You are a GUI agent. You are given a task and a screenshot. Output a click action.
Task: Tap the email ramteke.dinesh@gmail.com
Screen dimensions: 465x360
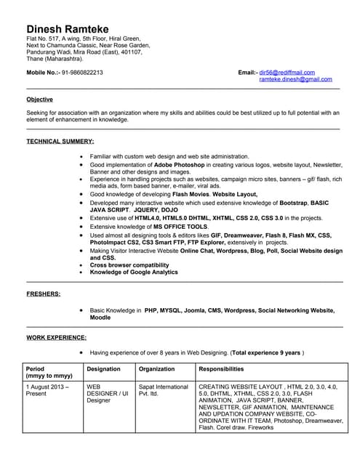(295, 79)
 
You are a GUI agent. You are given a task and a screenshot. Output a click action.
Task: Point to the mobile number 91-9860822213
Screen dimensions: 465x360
(82, 73)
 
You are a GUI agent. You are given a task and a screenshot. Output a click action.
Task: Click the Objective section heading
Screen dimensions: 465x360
(39, 99)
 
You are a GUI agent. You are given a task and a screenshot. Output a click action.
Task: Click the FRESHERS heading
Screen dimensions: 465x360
(44, 294)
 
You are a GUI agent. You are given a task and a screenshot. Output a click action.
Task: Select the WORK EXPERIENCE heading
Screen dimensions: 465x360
(57, 337)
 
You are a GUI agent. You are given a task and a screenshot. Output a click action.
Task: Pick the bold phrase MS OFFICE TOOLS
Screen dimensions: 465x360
(175, 227)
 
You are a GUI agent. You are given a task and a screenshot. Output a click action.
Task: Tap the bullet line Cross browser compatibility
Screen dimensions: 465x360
(130, 265)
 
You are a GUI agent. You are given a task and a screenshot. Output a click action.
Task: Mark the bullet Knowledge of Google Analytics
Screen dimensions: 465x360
(134, 272)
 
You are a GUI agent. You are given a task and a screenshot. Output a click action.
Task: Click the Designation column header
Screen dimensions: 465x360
(103, 369)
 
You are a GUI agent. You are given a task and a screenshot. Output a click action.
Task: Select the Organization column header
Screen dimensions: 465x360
(157, 369)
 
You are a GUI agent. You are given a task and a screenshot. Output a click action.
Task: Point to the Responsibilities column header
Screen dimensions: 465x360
(226, 369)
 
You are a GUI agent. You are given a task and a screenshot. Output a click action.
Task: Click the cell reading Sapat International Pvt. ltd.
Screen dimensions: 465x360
(163, 392)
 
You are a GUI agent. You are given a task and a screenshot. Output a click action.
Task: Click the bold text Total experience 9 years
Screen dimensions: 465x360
(265, 352)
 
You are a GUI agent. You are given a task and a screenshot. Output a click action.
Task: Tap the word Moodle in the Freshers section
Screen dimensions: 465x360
(100, 318)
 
